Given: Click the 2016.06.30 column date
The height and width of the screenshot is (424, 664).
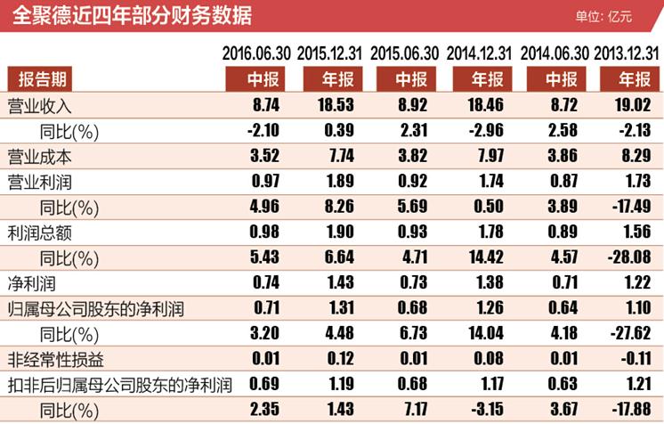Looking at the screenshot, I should (x=255, y=52).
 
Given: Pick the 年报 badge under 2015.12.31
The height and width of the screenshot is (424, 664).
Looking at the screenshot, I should (x=330, y=78).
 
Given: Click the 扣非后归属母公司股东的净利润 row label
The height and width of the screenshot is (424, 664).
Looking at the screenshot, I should (x=119, y=387).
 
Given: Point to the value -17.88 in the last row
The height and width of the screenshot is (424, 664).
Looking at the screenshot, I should (x=631, y=412).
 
